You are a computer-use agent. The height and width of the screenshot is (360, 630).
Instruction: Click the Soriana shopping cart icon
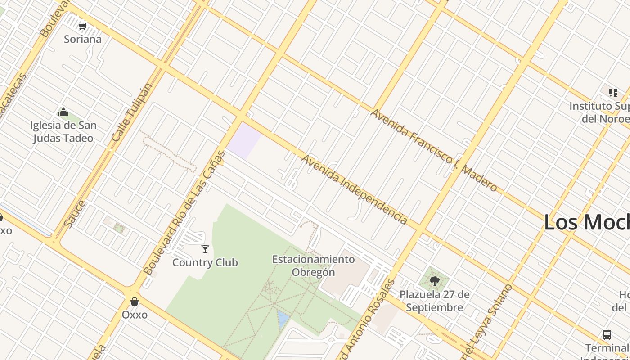tap(82, 27)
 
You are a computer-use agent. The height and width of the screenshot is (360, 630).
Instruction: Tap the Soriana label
tap(83, 39)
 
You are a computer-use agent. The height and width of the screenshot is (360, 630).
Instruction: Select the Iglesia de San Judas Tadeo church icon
tap(63, 112)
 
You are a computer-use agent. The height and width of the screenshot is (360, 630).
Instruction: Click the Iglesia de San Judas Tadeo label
tap(63, 131)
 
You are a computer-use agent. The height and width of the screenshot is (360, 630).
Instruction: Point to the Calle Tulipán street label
tap(132, 112)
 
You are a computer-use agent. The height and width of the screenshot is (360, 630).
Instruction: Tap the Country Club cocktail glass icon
tap(205, 249)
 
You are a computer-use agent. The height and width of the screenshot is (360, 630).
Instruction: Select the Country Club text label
tap(205, 262)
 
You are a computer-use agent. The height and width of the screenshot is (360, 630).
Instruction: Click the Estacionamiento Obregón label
tap(313, 265)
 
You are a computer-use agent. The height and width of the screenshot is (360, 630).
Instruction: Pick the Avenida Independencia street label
tap(355, 189)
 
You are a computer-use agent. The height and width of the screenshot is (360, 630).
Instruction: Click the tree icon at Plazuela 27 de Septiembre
tap(434, 282)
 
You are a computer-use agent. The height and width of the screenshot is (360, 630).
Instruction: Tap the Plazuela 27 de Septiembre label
tap(435, 301)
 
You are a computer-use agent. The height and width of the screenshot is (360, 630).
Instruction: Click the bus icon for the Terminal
tap(607, 335)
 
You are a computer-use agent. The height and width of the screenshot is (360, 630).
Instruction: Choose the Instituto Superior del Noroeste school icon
tap(613, 93)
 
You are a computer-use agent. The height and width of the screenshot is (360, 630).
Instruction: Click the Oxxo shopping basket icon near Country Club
tap(134, 301)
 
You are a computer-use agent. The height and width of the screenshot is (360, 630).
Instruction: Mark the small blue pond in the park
tap(283, 319)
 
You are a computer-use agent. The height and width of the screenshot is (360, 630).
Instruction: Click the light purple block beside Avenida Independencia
tap(244, 140)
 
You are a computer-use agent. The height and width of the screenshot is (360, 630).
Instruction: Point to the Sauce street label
tap(75, 214)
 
